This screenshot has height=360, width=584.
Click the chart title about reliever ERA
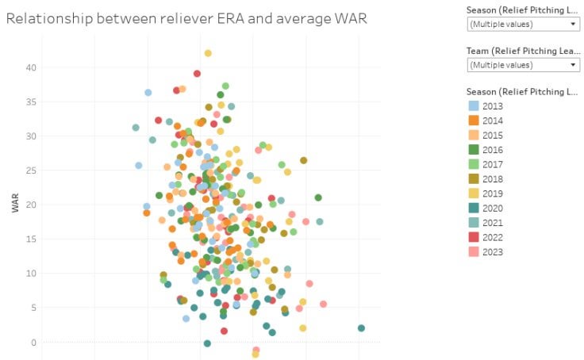click(186, 18)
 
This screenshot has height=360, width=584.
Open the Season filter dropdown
click(524, 24)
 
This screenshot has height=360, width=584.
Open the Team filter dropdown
click(524, 64)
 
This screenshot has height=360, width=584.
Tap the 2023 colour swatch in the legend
click(474, 252)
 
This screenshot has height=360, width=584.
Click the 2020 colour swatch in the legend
click(474, 208)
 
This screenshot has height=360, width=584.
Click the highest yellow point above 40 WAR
click(208, 53)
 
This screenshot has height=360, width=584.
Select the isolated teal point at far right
click(361, 328)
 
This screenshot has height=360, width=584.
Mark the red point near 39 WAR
click(197, 74)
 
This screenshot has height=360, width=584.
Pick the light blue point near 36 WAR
click(148, 93)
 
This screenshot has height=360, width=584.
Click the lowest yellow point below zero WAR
click(255, 354)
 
